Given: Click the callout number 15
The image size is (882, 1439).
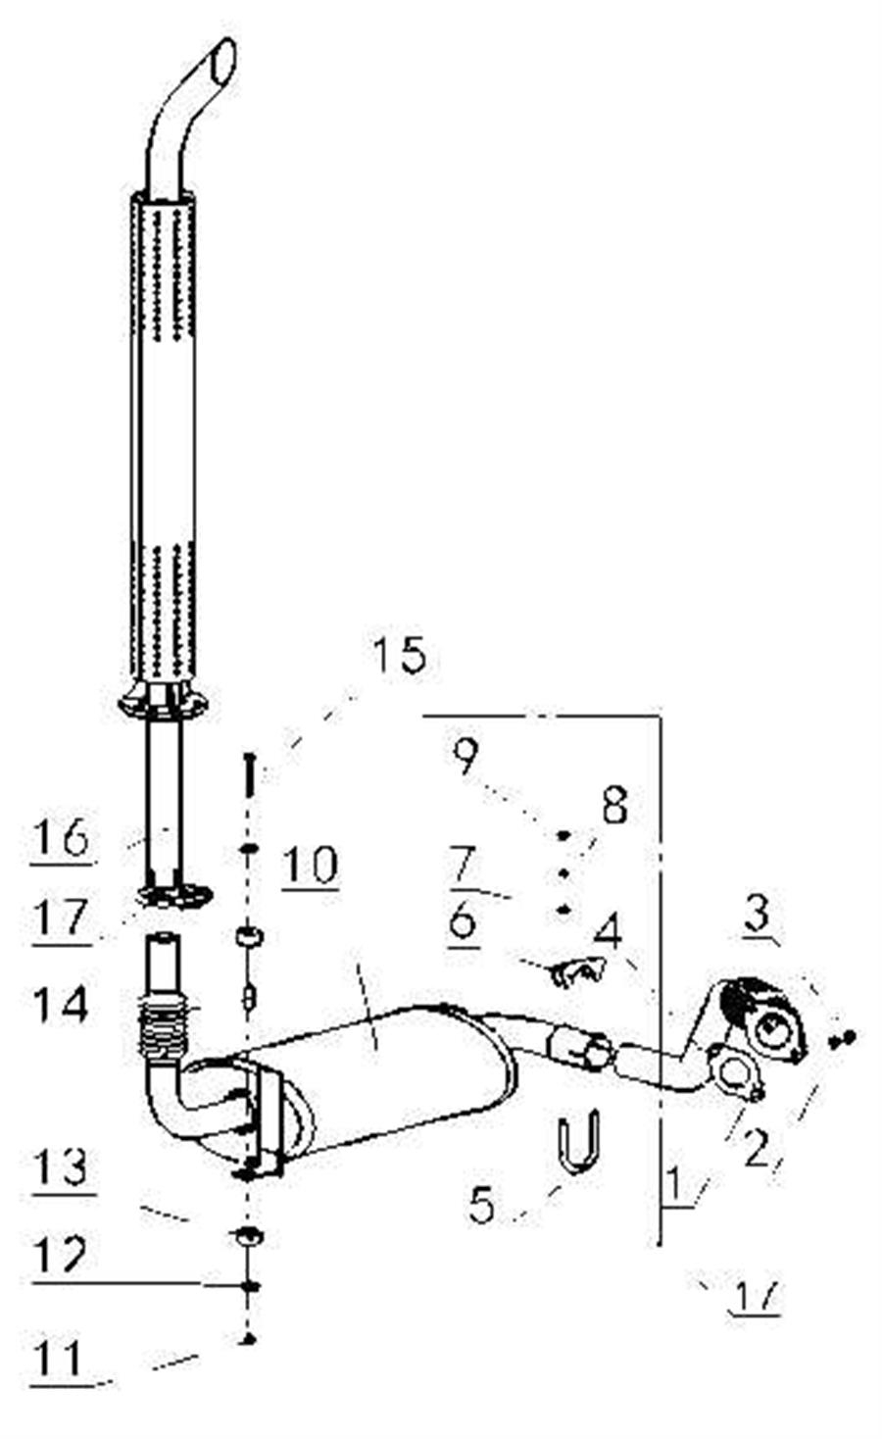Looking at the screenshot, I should [400, 655].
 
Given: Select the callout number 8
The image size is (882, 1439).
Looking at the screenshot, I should [614, 807].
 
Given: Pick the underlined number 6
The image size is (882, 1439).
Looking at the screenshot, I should [464, 921].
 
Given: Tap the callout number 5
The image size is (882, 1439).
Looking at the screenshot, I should [481, 1205].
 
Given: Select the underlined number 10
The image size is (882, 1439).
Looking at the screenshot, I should [310, 865].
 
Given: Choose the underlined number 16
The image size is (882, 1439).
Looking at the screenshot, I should [61, 838].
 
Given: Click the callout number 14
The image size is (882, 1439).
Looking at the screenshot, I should [61, 1006].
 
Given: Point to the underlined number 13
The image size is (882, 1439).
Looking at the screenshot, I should [61, 1167].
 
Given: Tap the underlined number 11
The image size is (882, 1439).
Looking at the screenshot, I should [59, 1359].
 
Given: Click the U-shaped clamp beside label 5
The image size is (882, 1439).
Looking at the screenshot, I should [579, 1142].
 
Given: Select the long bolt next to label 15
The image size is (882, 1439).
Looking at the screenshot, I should [250, 774].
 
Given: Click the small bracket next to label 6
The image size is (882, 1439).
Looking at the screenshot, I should [578, 971].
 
